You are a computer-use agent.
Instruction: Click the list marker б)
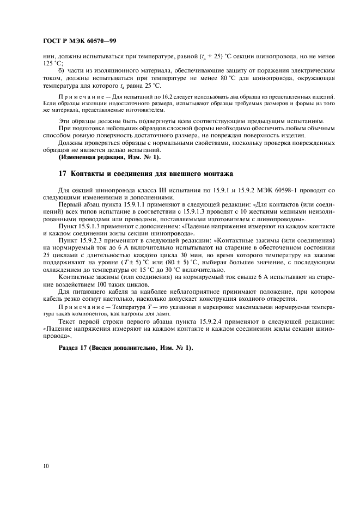pyautogui.click(x=61, y=71)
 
